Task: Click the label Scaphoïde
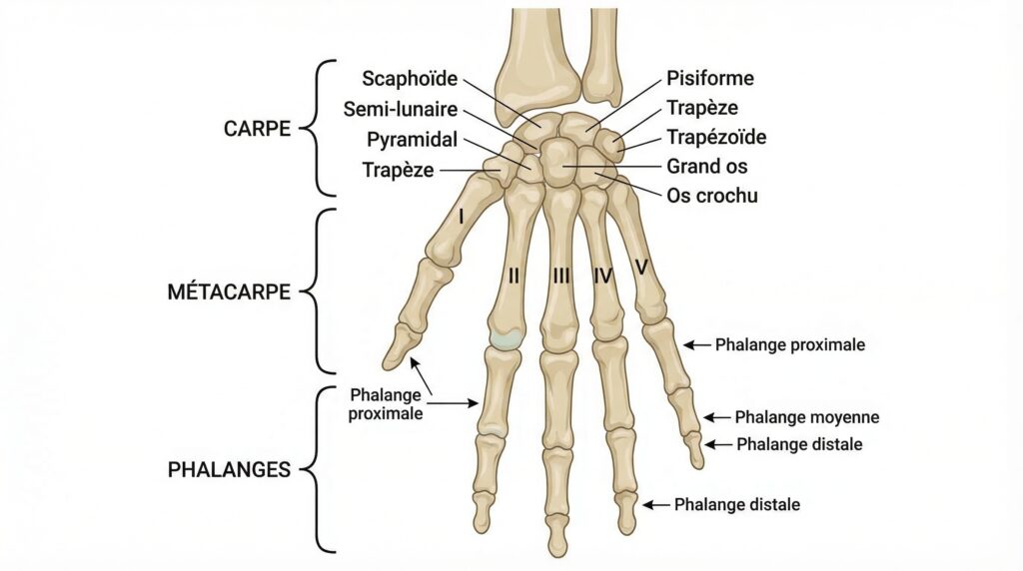click(410, 79)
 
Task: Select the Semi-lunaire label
click(401, 109)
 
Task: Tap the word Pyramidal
click(413, 140)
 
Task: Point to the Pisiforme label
click(710, 78)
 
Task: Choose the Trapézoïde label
click(716, 137)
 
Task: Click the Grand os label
click(706, 167)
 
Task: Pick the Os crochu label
click(711, 196)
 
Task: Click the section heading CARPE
click(257, 129)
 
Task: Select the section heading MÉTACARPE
click(229, 291)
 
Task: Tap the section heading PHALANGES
click(229, 470)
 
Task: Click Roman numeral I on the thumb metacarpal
click(462, 216)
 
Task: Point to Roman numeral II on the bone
click(514, 276)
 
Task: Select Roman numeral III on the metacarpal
click(561, 277)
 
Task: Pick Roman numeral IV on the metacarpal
click(603, 277)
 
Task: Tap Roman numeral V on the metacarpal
click(641, 267)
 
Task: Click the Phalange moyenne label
click(807, 417)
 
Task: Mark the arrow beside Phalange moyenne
click(717, 417)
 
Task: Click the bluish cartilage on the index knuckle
click(506, 339)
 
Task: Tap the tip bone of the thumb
click(398, 345)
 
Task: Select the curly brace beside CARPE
click(316, 129)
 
